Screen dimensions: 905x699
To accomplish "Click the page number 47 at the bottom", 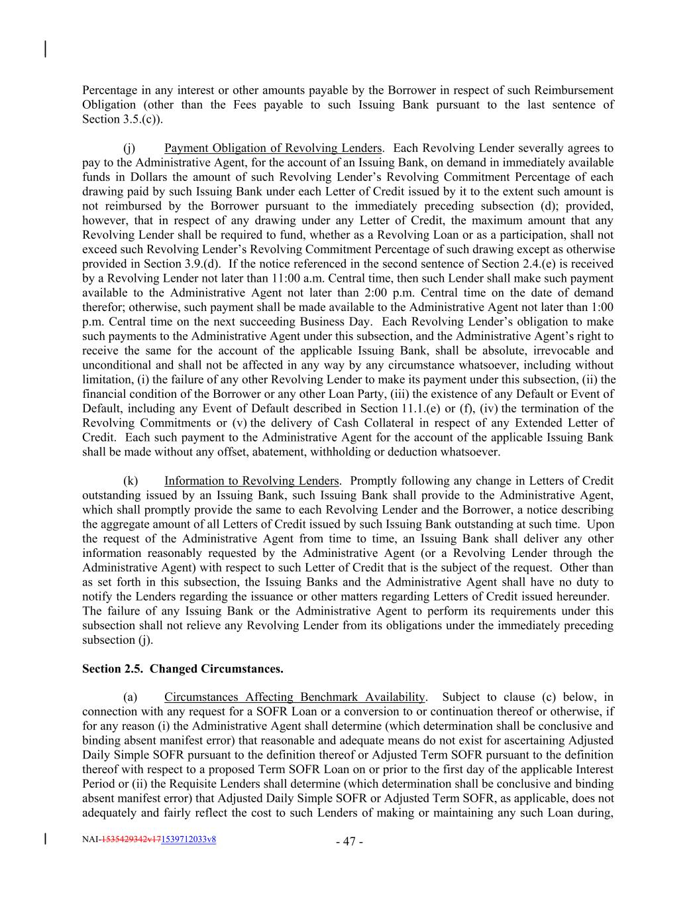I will (349, 842).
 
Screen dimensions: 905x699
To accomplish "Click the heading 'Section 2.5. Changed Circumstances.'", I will (182, 669).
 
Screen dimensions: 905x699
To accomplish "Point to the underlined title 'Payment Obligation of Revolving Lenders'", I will (273, 148).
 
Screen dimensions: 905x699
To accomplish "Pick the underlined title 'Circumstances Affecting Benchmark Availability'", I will (294, 697).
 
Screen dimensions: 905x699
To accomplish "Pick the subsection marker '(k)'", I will (131, 481).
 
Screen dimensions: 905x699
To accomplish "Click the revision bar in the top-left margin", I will (45, 50).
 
